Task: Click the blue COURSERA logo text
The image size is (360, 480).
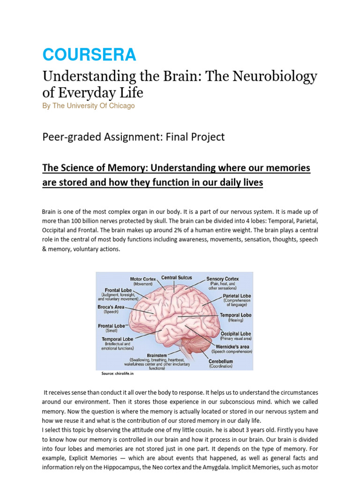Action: pyautogui.click(x=89, y=55)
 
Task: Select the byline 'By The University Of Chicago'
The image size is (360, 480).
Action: pyautogui.click(x=88, y=106)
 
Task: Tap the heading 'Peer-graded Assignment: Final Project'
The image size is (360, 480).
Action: pyautogui.click(x=134, y=137)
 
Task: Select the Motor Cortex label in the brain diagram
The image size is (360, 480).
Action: pyautogui.click(x=142, y=279)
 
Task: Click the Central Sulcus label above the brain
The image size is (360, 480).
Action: pyautogui.click(x=176, y=277)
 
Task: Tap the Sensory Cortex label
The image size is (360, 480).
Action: pyautogui.click(x=223, y=279)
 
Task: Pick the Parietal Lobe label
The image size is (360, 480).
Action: pyautogui.click(x=237, y=296)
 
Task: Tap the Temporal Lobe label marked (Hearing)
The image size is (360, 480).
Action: pyautogui.click(x=235, y=315)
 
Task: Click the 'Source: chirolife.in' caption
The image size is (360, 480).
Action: pyautogui.click(x=118, y=374)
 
